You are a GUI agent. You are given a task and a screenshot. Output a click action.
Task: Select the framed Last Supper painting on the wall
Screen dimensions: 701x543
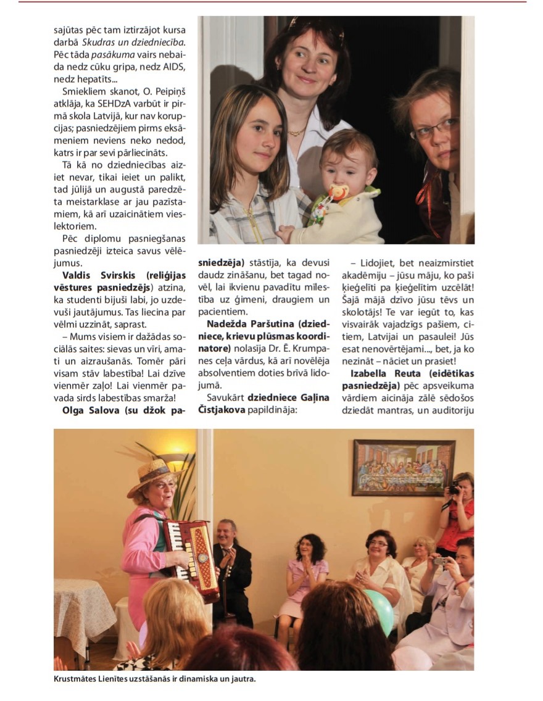click(x=404, y=467)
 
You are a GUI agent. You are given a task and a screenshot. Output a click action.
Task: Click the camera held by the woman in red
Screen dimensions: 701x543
click(x=454, y=489)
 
